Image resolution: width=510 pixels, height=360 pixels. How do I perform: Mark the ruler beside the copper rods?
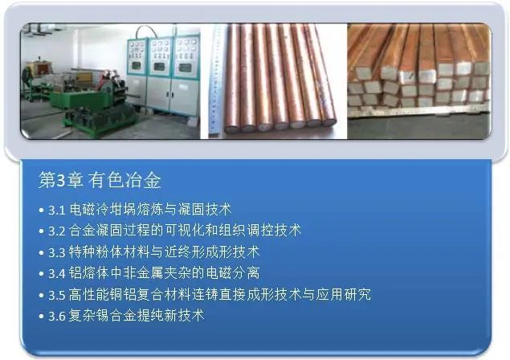pyautogui.click(x=214, y=76)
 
